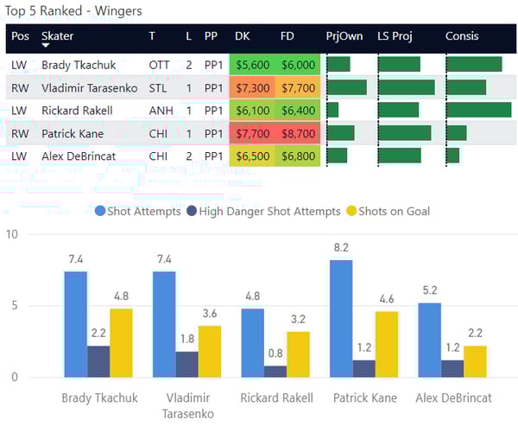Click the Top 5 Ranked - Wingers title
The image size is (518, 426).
click(x=73, y=11)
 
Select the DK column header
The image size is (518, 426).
click(x=243, y=36)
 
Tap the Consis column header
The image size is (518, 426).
click(x=462, y=36)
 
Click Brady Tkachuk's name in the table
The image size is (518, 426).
click(x=79, y=65)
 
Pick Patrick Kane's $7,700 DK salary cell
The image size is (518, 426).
click(x=252, y=133)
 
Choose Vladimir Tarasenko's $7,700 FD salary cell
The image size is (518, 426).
click(x=298, y=88)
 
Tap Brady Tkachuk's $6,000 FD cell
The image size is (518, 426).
click(x=298, y=65)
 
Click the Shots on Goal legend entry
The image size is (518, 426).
click(x=387, y=211)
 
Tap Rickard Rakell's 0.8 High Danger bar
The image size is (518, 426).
click(x=275, y=372)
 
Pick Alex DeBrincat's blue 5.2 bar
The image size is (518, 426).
click(x=429, y=340)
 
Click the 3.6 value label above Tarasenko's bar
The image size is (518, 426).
click(x=211, y=315)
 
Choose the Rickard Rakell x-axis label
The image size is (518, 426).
click(x=275, y=398)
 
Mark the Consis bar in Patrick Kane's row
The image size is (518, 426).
click(x=456, y=133)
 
